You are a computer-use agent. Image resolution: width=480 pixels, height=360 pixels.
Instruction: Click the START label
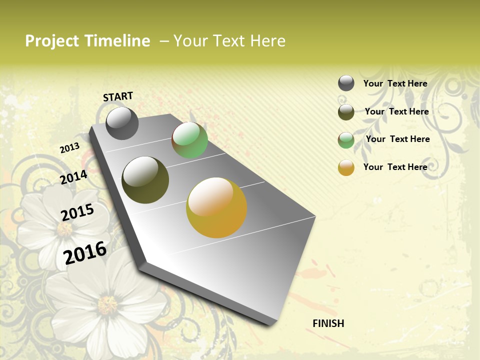point(118,96)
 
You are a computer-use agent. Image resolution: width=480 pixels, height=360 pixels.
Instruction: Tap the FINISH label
point(328,323)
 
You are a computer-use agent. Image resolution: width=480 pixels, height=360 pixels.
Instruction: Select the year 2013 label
point(69,147)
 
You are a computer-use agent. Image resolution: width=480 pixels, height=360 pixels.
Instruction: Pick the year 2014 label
point(73,177)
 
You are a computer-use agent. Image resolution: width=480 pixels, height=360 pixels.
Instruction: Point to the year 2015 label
point(77,212)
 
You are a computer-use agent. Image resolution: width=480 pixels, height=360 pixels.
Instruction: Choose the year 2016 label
point(85,252)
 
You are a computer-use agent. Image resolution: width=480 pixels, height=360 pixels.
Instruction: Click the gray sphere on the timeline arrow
point(122,123)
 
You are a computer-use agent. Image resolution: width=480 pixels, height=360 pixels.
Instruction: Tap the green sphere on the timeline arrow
point(189,140)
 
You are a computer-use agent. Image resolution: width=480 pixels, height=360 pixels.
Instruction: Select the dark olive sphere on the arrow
point(145,179)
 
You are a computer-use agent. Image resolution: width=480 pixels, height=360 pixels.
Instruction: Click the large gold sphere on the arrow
point(216,207)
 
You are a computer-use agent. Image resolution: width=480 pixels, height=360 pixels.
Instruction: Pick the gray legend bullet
point(346,83)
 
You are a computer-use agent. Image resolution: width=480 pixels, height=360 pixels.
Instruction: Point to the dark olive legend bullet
point(346,112)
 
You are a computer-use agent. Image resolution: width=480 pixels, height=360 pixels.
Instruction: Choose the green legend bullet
point(346,140)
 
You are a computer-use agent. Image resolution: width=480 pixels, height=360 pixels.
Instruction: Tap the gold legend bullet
point(346,167)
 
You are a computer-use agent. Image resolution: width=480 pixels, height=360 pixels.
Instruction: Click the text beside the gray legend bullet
point(395,83)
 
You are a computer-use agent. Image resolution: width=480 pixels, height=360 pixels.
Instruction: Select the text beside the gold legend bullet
point(395,167)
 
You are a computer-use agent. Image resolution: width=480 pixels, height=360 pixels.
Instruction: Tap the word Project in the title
point(52,41)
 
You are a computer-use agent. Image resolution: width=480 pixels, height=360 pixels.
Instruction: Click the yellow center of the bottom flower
point(107,304)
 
